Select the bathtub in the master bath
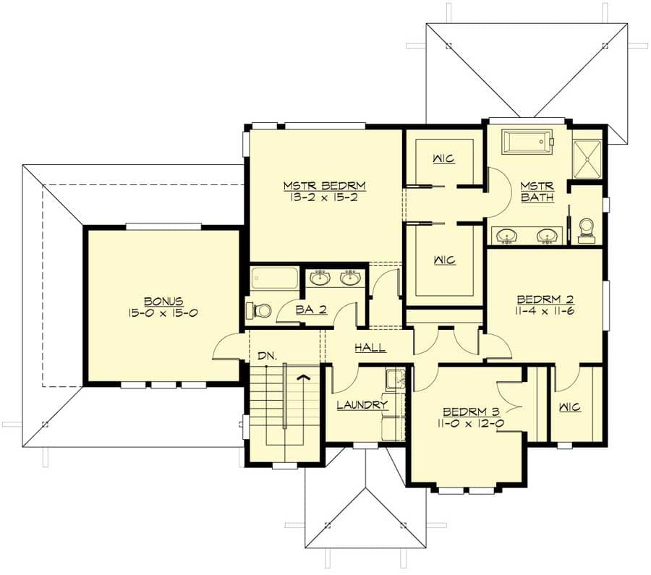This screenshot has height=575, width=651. pyautogui.click(x=527, y=141)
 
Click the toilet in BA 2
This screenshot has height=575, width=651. pyautogui.click(x=259, y=310)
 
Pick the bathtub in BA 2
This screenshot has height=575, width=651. pyautogui.click(x=275, y=278)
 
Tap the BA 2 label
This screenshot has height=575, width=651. pyautogui.click(x=311, y=309)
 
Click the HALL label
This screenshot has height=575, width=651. pyautogui.click(x=370, y=347)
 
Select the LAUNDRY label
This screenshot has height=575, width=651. pyautogui.click(x=362, y=404)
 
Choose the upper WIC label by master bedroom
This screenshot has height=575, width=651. pyautogui.click(x=444, y=158)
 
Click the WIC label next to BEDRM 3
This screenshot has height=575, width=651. pyautogui.click(x=570, y=407)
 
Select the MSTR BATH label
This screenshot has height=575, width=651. pyautogui.click(x=537, y=192)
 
